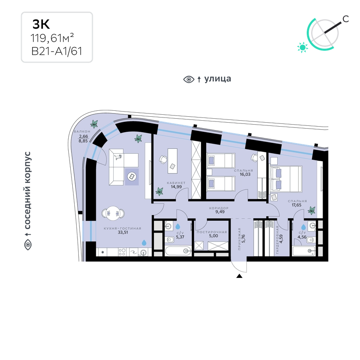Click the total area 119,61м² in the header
point(52,38)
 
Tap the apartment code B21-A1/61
point(57,51)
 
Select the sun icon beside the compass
point(302,48)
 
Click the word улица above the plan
point(217,79)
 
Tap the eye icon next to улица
point(189,79)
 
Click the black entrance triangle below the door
point(239,276)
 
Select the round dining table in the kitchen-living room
point(113,213)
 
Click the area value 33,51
point(122,232)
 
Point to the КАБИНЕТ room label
point(176,183)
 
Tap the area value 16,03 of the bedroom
point(245,174)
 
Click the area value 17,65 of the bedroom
point(296,205)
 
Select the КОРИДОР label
point(219,208)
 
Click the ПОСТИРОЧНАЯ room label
point(212,232)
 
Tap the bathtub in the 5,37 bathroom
point(178,251)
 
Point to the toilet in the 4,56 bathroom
point(310,240)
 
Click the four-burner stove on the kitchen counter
point(122,252)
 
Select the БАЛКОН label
point(82,131)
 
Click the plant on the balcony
point(94,124)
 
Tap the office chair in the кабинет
point(163,159)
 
